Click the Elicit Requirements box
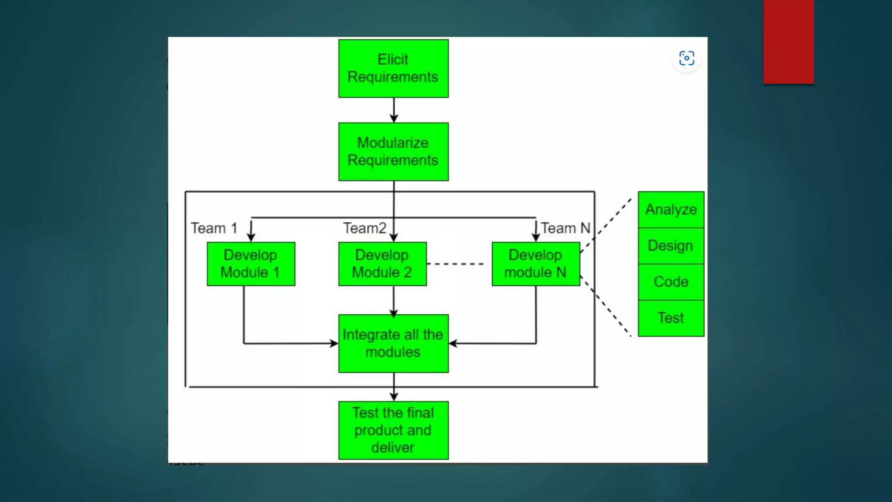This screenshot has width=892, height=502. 393,68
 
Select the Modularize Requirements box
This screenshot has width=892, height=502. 393,152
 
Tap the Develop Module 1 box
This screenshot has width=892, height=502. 251,264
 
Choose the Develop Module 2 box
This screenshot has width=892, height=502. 382,264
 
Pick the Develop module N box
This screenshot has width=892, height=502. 536,264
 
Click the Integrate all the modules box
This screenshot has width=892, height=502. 393,343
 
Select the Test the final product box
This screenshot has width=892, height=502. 393,430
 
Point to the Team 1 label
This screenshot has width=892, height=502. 214,228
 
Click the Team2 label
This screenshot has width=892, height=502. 365,228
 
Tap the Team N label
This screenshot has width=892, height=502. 565,228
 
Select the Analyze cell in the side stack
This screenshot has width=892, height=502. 671,210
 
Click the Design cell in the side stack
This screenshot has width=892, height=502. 671,246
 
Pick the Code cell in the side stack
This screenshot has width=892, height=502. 671,282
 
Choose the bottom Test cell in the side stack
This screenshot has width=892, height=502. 671,318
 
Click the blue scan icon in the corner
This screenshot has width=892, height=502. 686,58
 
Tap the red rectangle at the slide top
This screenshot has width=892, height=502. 788,41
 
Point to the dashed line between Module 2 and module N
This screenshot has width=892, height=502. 456,264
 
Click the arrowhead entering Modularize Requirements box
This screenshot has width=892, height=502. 394,118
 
